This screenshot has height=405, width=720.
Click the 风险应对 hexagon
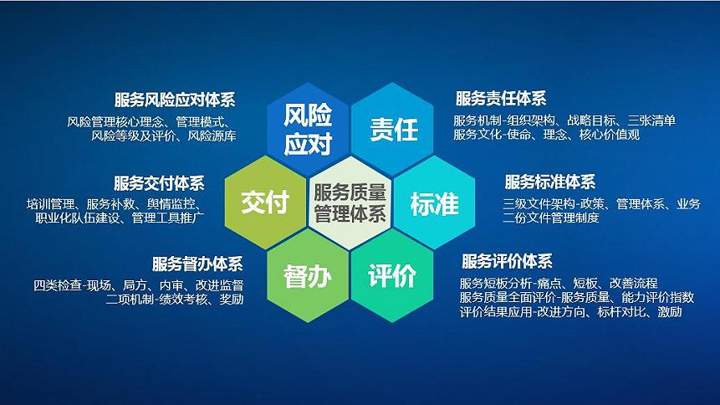(308, 129)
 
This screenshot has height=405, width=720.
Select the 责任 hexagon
(392, 129)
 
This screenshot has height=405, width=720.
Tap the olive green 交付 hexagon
(265, 202)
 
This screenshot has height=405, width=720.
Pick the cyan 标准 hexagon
(434, 202)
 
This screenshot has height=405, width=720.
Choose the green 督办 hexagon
(308, 275)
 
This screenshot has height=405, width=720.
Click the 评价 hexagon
(392, 275)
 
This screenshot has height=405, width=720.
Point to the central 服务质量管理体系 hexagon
(350, 202)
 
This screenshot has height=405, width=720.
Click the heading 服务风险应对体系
(175, 100)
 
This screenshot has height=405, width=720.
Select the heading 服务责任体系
(501, 99)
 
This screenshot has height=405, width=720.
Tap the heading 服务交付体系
(160, 183)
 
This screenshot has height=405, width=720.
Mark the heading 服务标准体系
(550, 182)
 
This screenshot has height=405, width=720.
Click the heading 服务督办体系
(197, 264)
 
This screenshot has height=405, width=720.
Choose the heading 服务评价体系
(507, 262)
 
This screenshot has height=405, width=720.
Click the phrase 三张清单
(651, 120)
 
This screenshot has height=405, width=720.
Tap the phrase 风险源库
(212, 136)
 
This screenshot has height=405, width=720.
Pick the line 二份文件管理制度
(551, 218)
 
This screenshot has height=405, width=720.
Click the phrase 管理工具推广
(168, 218)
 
